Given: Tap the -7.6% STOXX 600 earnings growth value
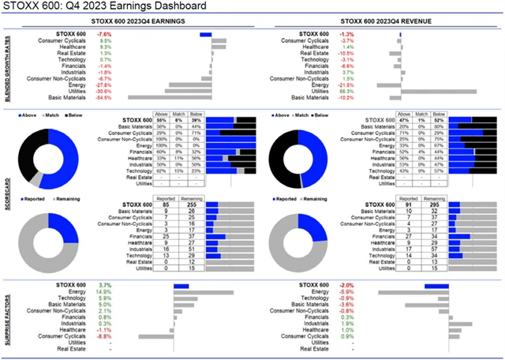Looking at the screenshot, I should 103,34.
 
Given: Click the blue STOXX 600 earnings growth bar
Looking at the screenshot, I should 206,34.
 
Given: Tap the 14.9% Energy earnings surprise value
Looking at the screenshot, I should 103,291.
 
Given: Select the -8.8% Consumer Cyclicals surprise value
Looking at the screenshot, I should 103,336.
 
